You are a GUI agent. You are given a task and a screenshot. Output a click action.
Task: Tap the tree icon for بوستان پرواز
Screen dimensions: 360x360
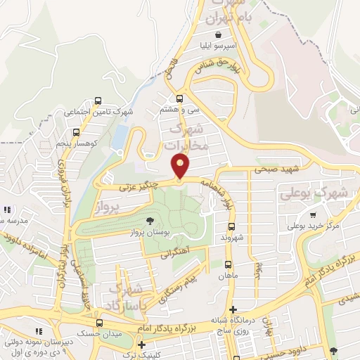pyautogui.click(x=148, y=221)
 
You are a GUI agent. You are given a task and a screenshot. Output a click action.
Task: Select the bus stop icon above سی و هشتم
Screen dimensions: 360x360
pyautogui.click(x=180, y=99)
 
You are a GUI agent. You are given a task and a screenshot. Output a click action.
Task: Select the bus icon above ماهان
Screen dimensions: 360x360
pyautogui.click(x=227, y=264)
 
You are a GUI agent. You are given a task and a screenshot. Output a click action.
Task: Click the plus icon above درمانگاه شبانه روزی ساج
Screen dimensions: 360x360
pyautogui.click(x=233, y=309)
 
